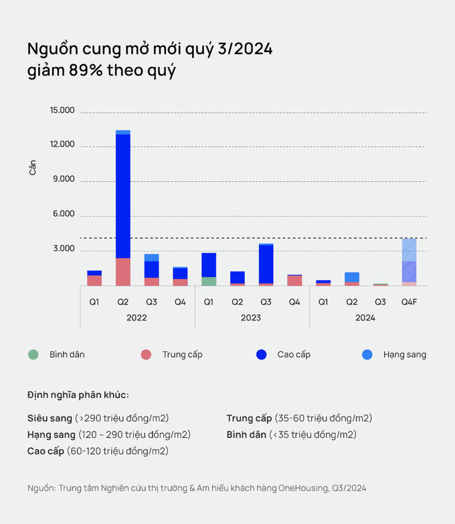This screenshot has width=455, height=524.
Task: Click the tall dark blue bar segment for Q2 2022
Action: coord(122,194)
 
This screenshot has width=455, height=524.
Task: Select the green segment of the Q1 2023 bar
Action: coord(209,281)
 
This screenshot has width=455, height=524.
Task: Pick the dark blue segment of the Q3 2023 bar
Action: coord(266,264)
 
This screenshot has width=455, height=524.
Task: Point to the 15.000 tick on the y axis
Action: coord(62,111)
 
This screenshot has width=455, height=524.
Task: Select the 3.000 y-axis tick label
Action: coord(64,249)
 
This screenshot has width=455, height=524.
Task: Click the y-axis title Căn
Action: coord(33,167)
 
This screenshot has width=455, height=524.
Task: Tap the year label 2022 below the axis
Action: coord(136,318)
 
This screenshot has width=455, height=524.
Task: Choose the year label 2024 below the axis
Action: coord(365,318)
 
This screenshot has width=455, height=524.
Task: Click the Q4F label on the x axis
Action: coord(409,302)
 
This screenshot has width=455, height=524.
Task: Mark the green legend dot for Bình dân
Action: coord(33,354)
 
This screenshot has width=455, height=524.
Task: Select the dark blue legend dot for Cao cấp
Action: coord(261,354)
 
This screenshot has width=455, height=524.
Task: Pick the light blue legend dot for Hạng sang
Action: coord(367,354)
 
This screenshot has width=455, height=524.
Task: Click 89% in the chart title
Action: coord(86,70)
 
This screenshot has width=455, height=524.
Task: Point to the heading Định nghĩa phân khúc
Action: coord(78,394)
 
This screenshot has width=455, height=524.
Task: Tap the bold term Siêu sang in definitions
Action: coord(50,418)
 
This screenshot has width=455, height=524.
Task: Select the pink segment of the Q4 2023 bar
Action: coord(295,280)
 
